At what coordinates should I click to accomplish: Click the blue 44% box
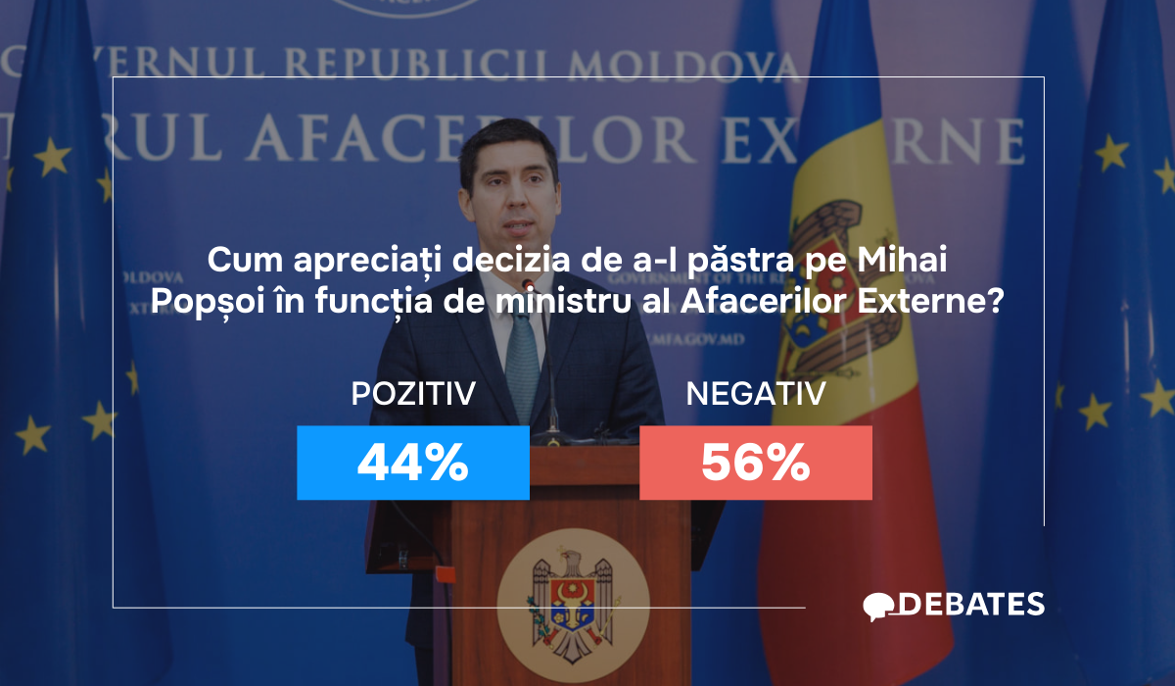[412, 463]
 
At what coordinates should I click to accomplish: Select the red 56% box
[755, 463]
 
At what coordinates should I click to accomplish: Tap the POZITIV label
[412, 394]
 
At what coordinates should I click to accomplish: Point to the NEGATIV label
[755, 394]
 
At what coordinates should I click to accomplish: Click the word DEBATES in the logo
[970, 605]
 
